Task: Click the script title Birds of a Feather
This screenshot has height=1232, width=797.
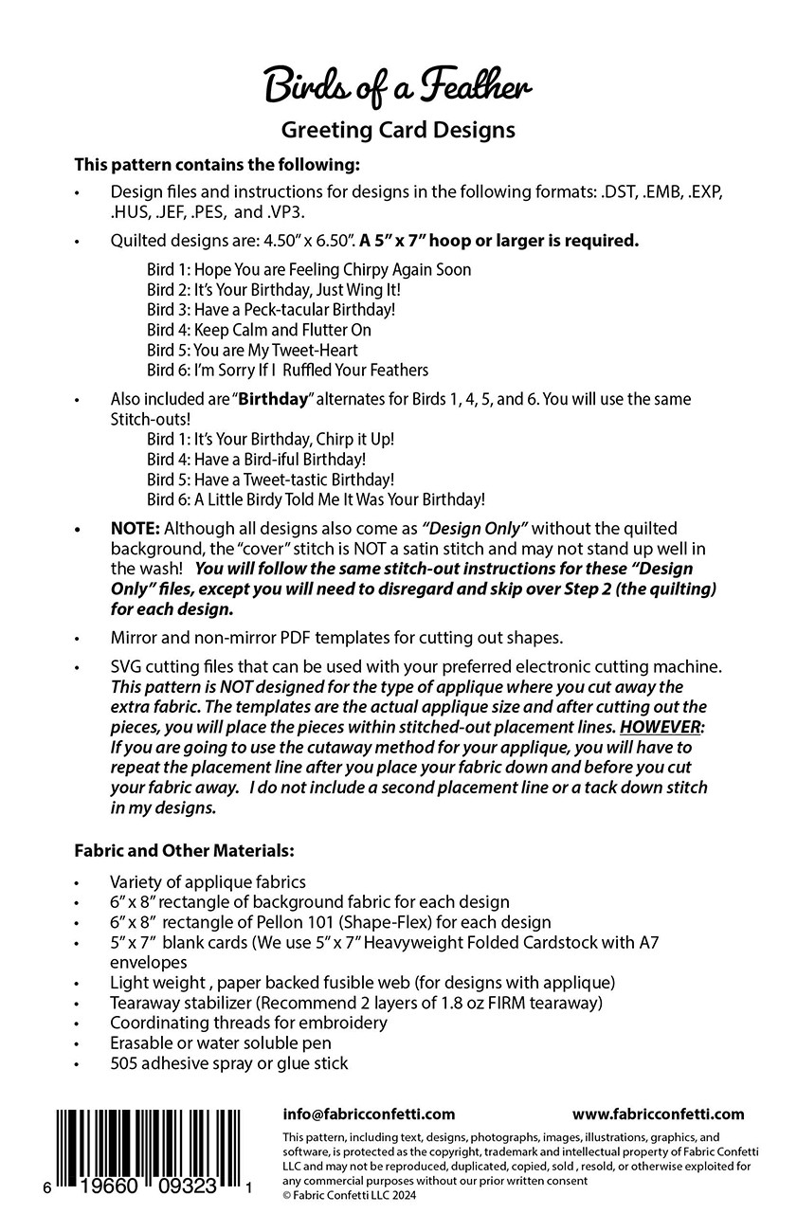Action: [397, 88]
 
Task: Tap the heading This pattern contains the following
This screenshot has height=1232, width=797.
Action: [217, 164]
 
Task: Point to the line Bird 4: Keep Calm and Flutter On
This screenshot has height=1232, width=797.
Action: [259, 330]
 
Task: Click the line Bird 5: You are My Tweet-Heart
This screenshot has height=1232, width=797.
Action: [252, 351]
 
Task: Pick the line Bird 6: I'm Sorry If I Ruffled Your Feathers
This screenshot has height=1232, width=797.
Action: [287, 371]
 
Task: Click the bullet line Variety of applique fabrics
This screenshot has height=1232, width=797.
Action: [208, 882]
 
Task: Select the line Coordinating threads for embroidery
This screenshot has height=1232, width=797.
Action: [248, 1023]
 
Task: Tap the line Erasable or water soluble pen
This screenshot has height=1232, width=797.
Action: [220, 1042]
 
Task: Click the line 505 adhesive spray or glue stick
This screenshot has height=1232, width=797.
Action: [228, 1063]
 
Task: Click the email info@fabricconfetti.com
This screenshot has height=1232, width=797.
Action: [369, 1114]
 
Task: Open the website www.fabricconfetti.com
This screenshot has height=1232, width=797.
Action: [658, 1114]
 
